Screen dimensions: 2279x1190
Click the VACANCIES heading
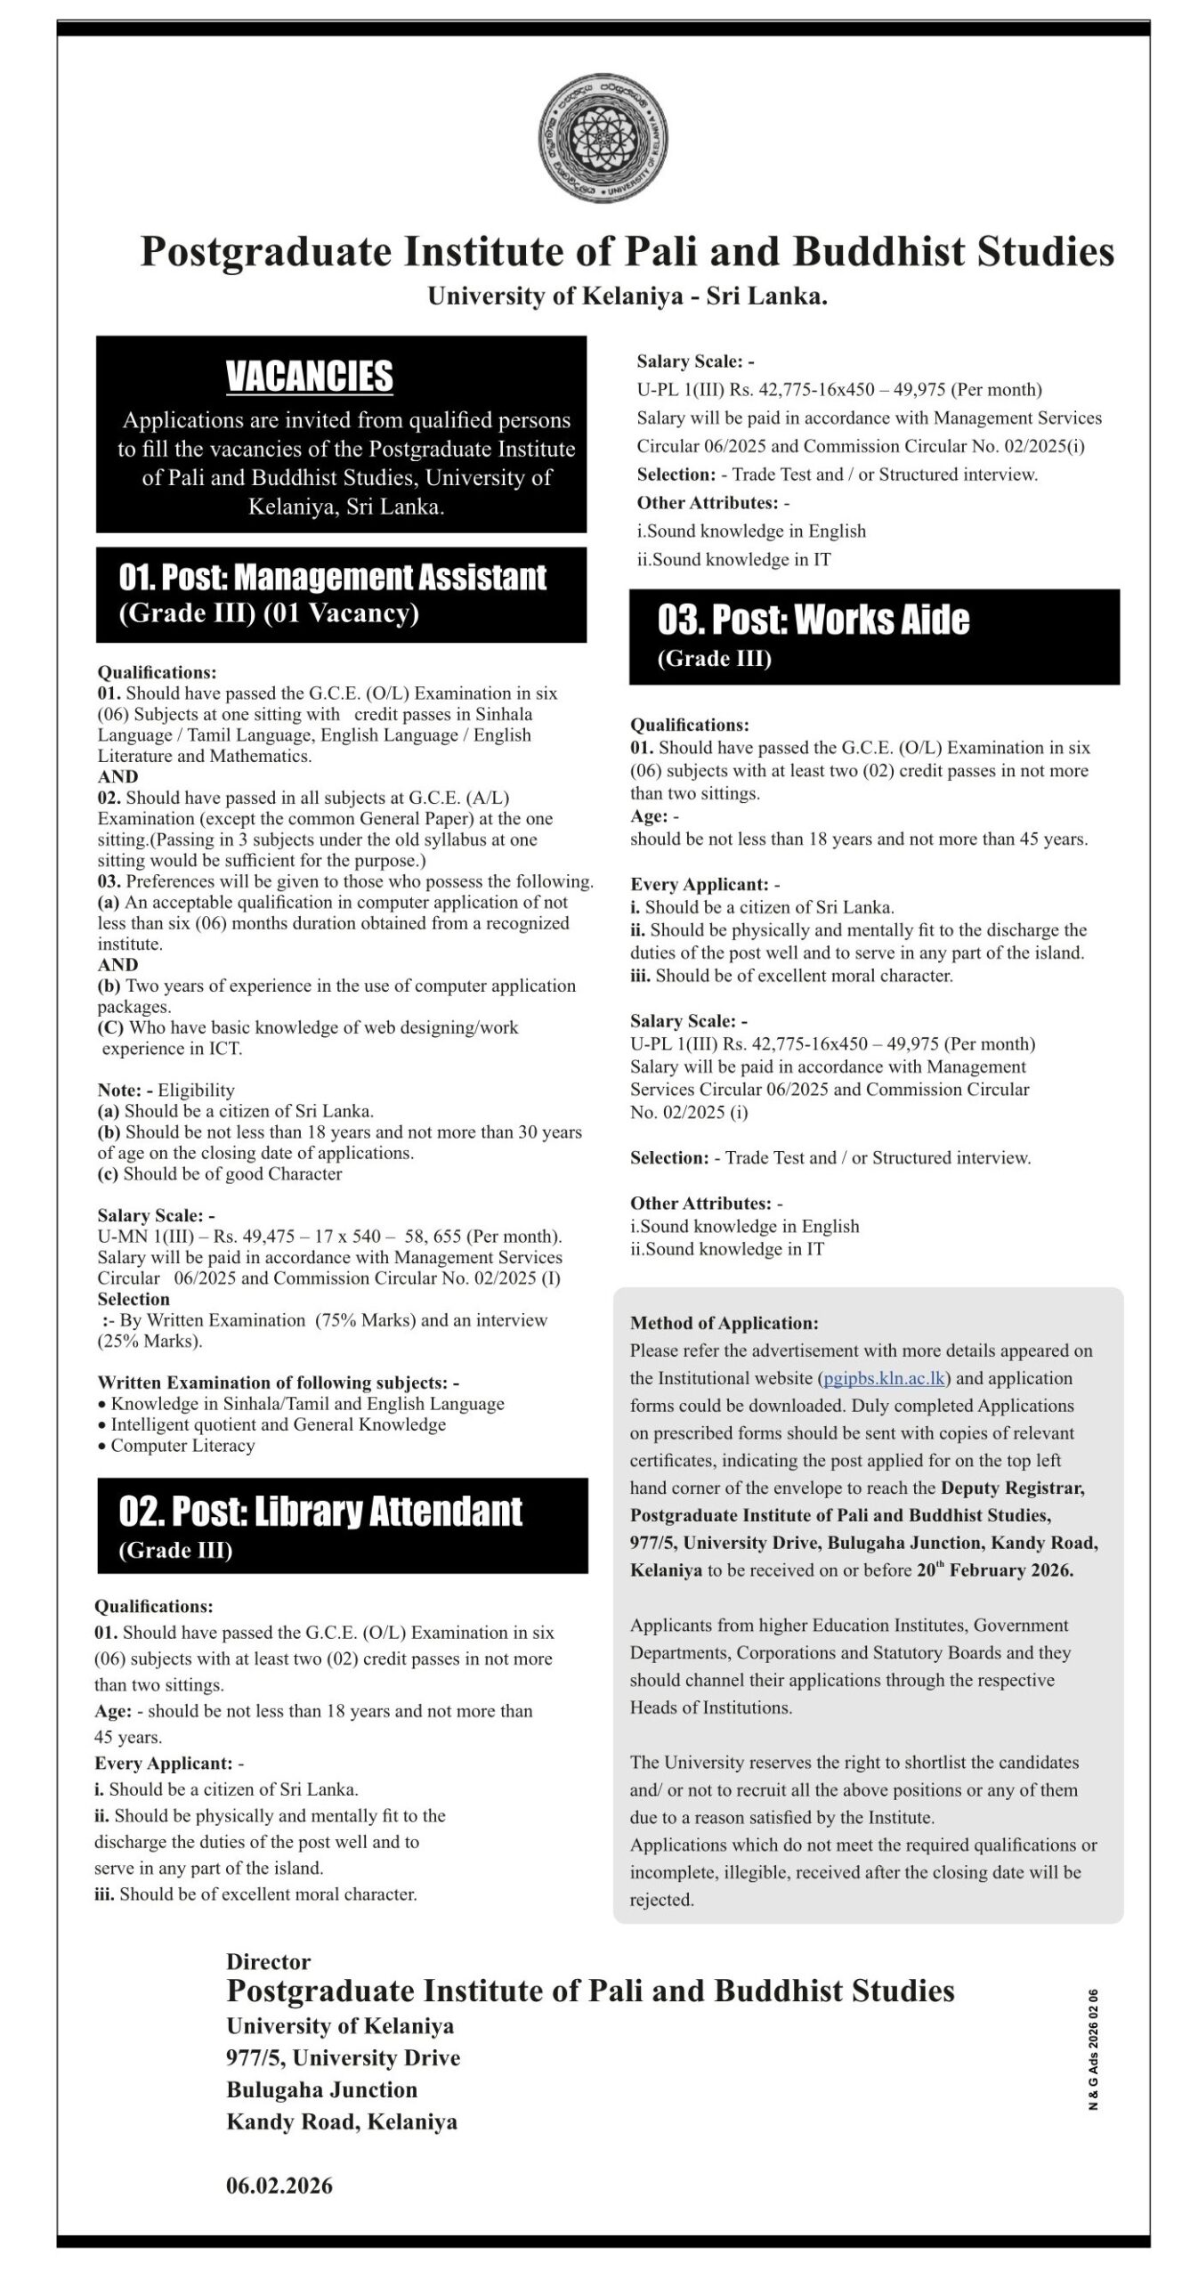[309, 376]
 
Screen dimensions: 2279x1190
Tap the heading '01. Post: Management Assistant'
[332, 578]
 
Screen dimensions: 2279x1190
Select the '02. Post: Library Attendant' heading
[320, 1512]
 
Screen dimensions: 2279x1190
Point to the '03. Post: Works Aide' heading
[813, 620]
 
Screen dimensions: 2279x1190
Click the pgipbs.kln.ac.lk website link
[884, 1378]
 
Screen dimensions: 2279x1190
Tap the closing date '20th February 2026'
[994, 1570]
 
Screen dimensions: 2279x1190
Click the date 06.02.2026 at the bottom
[279, 2186]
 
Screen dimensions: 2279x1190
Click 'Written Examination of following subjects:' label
[278, 1383]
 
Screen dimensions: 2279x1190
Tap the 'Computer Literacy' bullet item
[182, 1446]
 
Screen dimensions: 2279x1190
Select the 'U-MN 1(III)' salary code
[142, 1237]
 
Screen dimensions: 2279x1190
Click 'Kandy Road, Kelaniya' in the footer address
[342, 2121]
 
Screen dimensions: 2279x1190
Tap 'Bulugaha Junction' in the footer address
[321, 2089]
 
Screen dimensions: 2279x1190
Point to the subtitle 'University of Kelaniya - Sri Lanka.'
[627, 296]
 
